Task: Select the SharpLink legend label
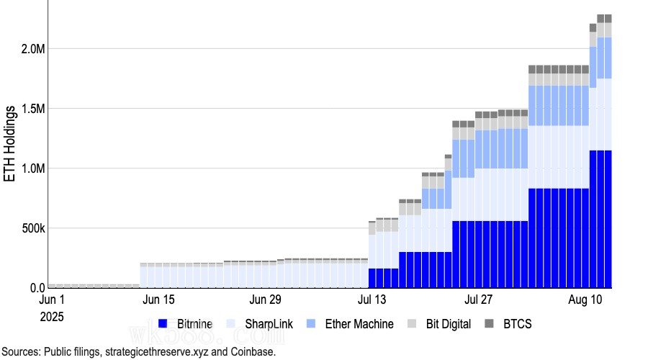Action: pyautogui.click(x=269, y=324)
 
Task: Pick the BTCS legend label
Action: pyautogui.click(x=518, y=324)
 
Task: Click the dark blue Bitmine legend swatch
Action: pyautogui.click(x=163, y=324)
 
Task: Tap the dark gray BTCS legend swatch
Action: pyautogui.click(x=490, y=324)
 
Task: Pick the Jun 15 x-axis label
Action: pyautogui.click(x=160, y=300)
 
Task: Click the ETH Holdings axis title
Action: pyautogui.click(x=11, y=144)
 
